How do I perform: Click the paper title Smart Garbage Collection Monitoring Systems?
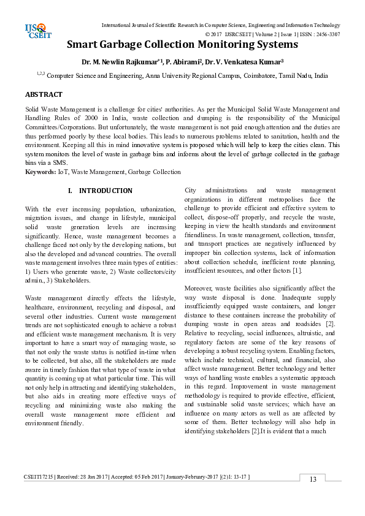[182, 45]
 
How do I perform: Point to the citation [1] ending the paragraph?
[315, 270]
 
